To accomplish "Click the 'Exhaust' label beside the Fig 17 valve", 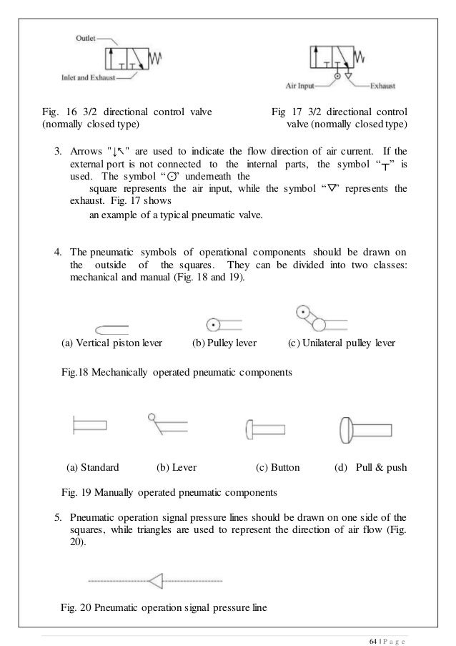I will point(385,87).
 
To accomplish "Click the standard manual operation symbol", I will point(89,426).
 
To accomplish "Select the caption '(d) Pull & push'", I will point(370,468).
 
